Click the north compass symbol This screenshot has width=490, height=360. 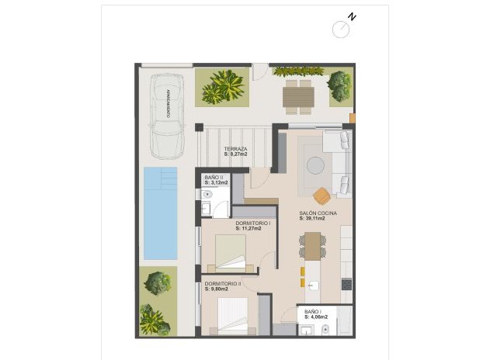pyautogui.click(x=342, y=29)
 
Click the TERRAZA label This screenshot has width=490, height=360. pyautogui.click(x=235, y=149)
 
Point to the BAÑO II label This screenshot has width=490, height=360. pyautogui.click(x=214, y=178)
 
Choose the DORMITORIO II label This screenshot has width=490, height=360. pyautogui.click(x=223, y=284)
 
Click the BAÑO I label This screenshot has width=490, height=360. pyautogui.click(x=314, y=312)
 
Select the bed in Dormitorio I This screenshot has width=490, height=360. pyautogui.click(x=231, y=251)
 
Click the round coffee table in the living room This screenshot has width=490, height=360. pyautogui.click(x=316, y=164)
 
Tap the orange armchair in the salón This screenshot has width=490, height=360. pyautogui.click(x=322, y=192)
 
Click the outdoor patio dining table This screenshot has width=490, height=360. pyautogui.click(x=298, y=97)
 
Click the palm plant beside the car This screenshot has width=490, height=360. pyautogui.click(x=223, y=87)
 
